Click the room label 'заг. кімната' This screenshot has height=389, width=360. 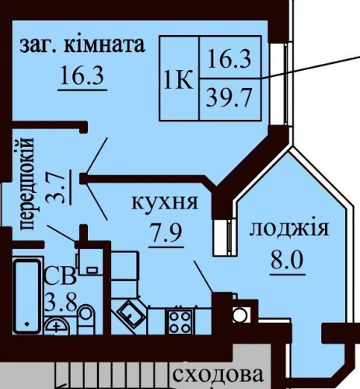[x=82, y=46]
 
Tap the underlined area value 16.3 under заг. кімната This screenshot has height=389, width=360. [x=82, y=75]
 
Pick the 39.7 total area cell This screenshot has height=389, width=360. [x=229, y=98]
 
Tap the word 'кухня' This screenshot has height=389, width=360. [x=165, y=203]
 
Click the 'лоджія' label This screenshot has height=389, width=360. [x=289, y=230]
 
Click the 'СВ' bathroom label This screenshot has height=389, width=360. [x=61, y=276]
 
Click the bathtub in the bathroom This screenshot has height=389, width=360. [x=27, y=296]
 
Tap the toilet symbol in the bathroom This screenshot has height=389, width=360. [x=86, y=320]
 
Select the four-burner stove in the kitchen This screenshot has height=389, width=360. [x=180, y=321]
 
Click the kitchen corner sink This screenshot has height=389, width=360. [x=131, y=314]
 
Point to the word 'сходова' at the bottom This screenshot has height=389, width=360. [x=218, y=375]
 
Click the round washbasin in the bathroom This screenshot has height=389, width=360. [x=57, y=325]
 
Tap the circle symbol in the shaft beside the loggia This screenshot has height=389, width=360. [x=239, y=315]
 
